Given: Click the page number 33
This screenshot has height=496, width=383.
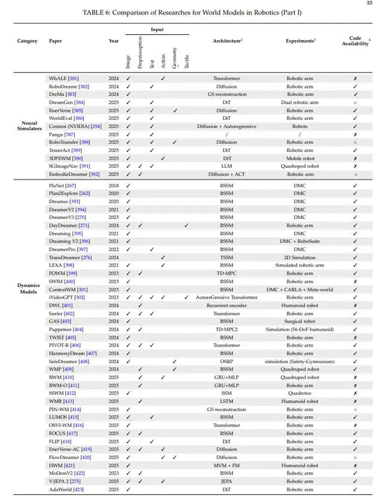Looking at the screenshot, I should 369,4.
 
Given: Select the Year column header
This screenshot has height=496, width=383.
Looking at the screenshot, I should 114,41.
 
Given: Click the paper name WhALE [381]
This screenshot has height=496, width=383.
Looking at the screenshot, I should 63,78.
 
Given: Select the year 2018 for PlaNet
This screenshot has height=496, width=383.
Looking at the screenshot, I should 114,185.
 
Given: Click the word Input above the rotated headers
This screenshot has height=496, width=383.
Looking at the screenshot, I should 157,29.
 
